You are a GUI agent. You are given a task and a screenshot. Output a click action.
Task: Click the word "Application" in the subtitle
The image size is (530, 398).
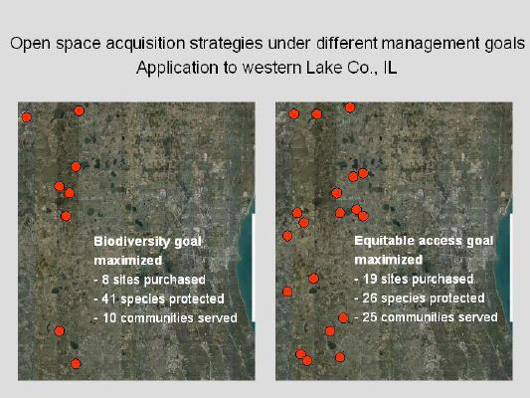pyautogui.click(x=177, y=68)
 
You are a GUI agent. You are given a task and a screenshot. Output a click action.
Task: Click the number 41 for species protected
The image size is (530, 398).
pyautogui.click(x=108, y=298)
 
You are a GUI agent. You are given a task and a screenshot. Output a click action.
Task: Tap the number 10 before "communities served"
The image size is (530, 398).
pyautogui.click(x=109, y=317)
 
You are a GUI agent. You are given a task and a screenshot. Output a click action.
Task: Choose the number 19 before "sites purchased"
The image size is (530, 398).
pyautogui.click(x=370, y=279)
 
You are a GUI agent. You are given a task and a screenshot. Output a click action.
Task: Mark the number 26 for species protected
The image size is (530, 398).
pyautogui.click(x=370, y=298)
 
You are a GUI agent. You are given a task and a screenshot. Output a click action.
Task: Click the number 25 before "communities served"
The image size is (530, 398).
pyautogui.click(x=370, y=317)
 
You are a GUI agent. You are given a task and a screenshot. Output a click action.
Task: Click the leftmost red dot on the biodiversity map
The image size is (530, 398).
pyautogui.click(x=27, y=117)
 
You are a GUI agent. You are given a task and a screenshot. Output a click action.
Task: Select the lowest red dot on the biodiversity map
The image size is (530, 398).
pyautogui.click(x=76, y=364)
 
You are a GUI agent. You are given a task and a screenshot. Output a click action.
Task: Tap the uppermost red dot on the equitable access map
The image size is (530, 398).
pyautogui.click(x=350, y=107)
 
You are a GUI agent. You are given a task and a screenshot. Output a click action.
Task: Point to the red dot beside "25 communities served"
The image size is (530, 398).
pyautogui.click(x=343, y=317)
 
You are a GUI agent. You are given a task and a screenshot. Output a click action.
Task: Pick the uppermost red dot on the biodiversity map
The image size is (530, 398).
pyautogui.click(x=79, y=110)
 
